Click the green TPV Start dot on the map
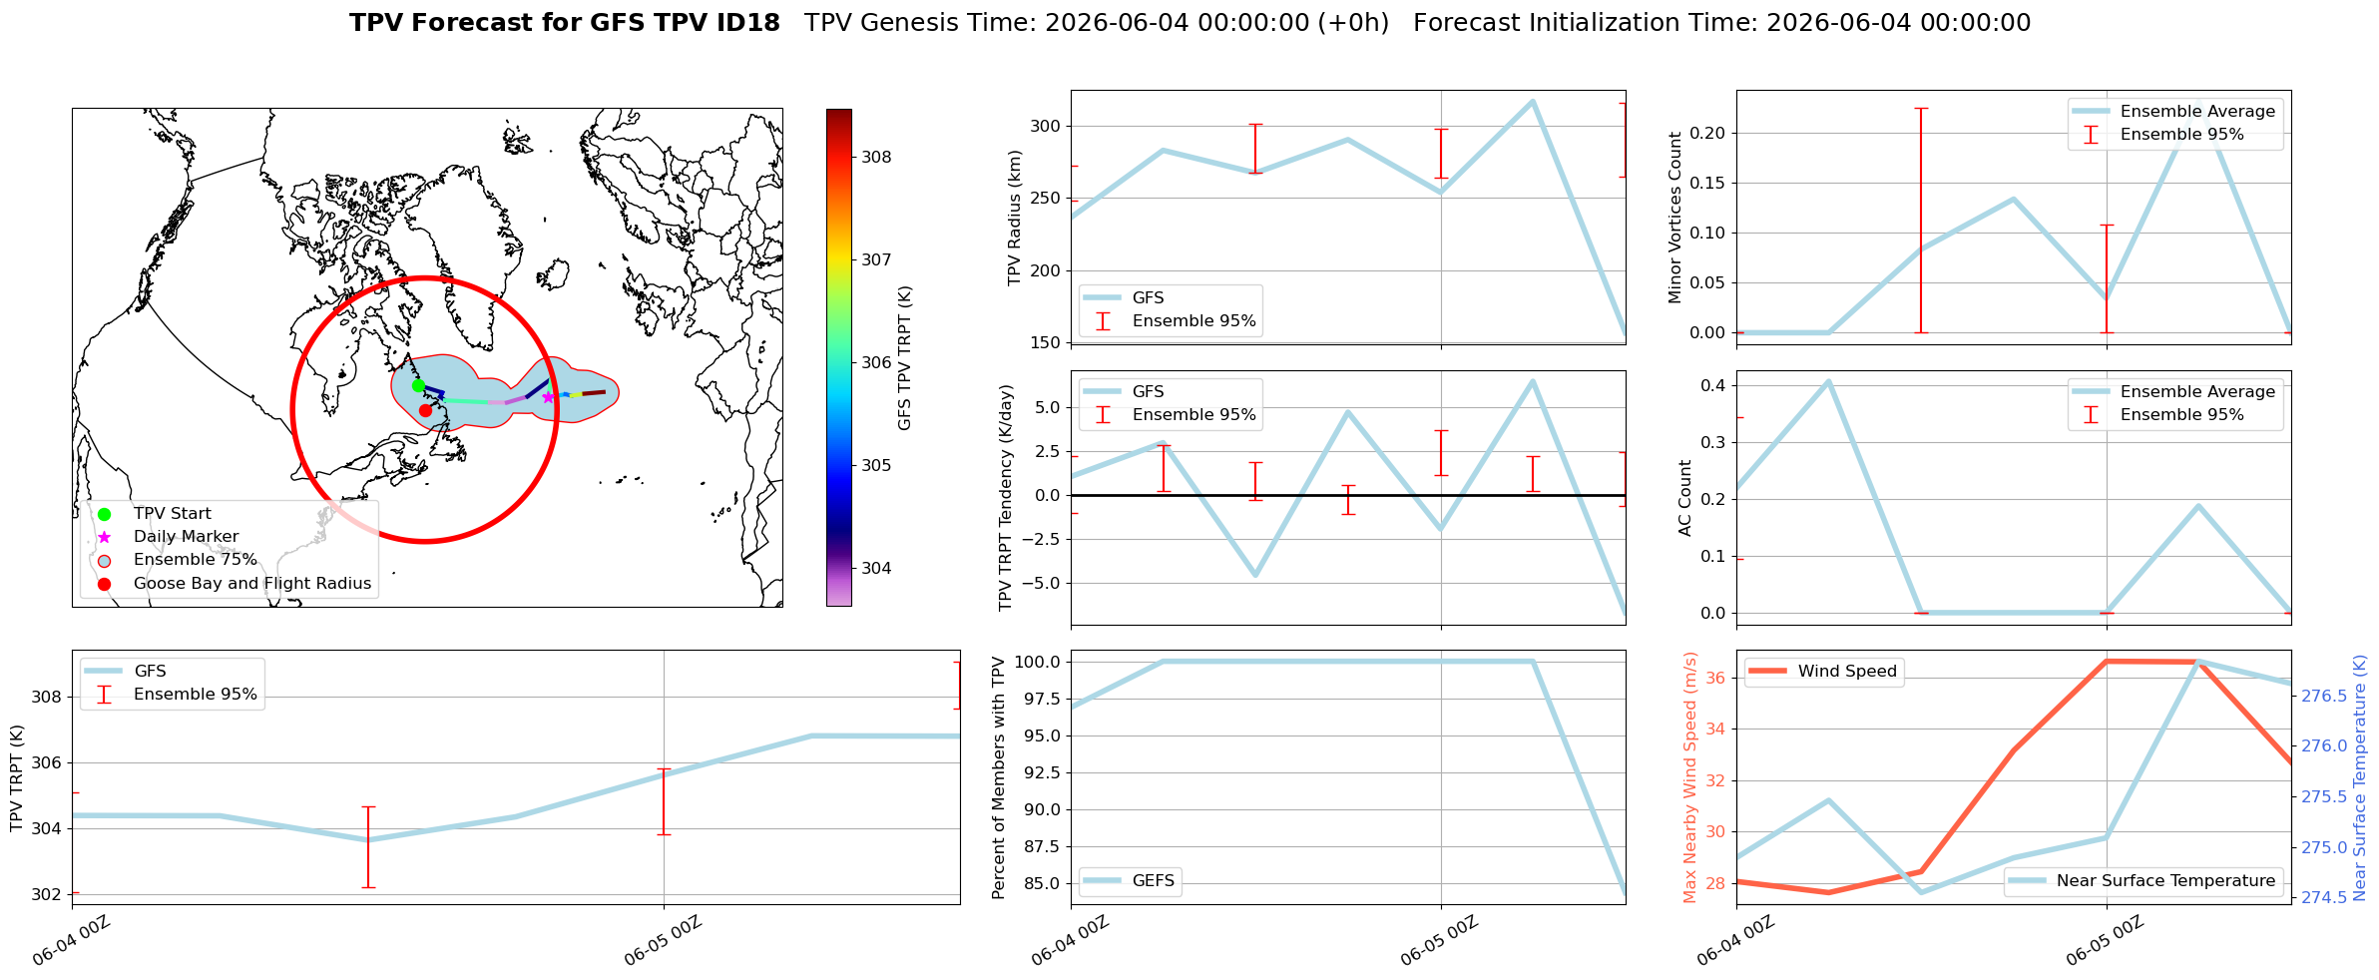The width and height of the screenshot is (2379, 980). click(x=418, y=385)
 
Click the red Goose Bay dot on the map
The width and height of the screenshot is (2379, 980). click(x=425, y=410)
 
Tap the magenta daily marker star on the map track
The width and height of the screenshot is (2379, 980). click(x=548, y=397)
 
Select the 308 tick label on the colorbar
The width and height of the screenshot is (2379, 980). click(x=876, y=157)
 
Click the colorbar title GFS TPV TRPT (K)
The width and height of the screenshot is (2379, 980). click(x=905, y=358)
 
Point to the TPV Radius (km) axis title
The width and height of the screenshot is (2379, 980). click(x=1015, y=218)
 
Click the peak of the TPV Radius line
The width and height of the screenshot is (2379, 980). click(x=1533, y=101)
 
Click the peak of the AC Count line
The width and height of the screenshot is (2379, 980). click(x=1828, y=381)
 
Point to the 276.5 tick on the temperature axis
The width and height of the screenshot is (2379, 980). click(x=2324, y=696)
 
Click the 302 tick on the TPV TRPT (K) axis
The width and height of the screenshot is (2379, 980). click(x=47, y=894)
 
